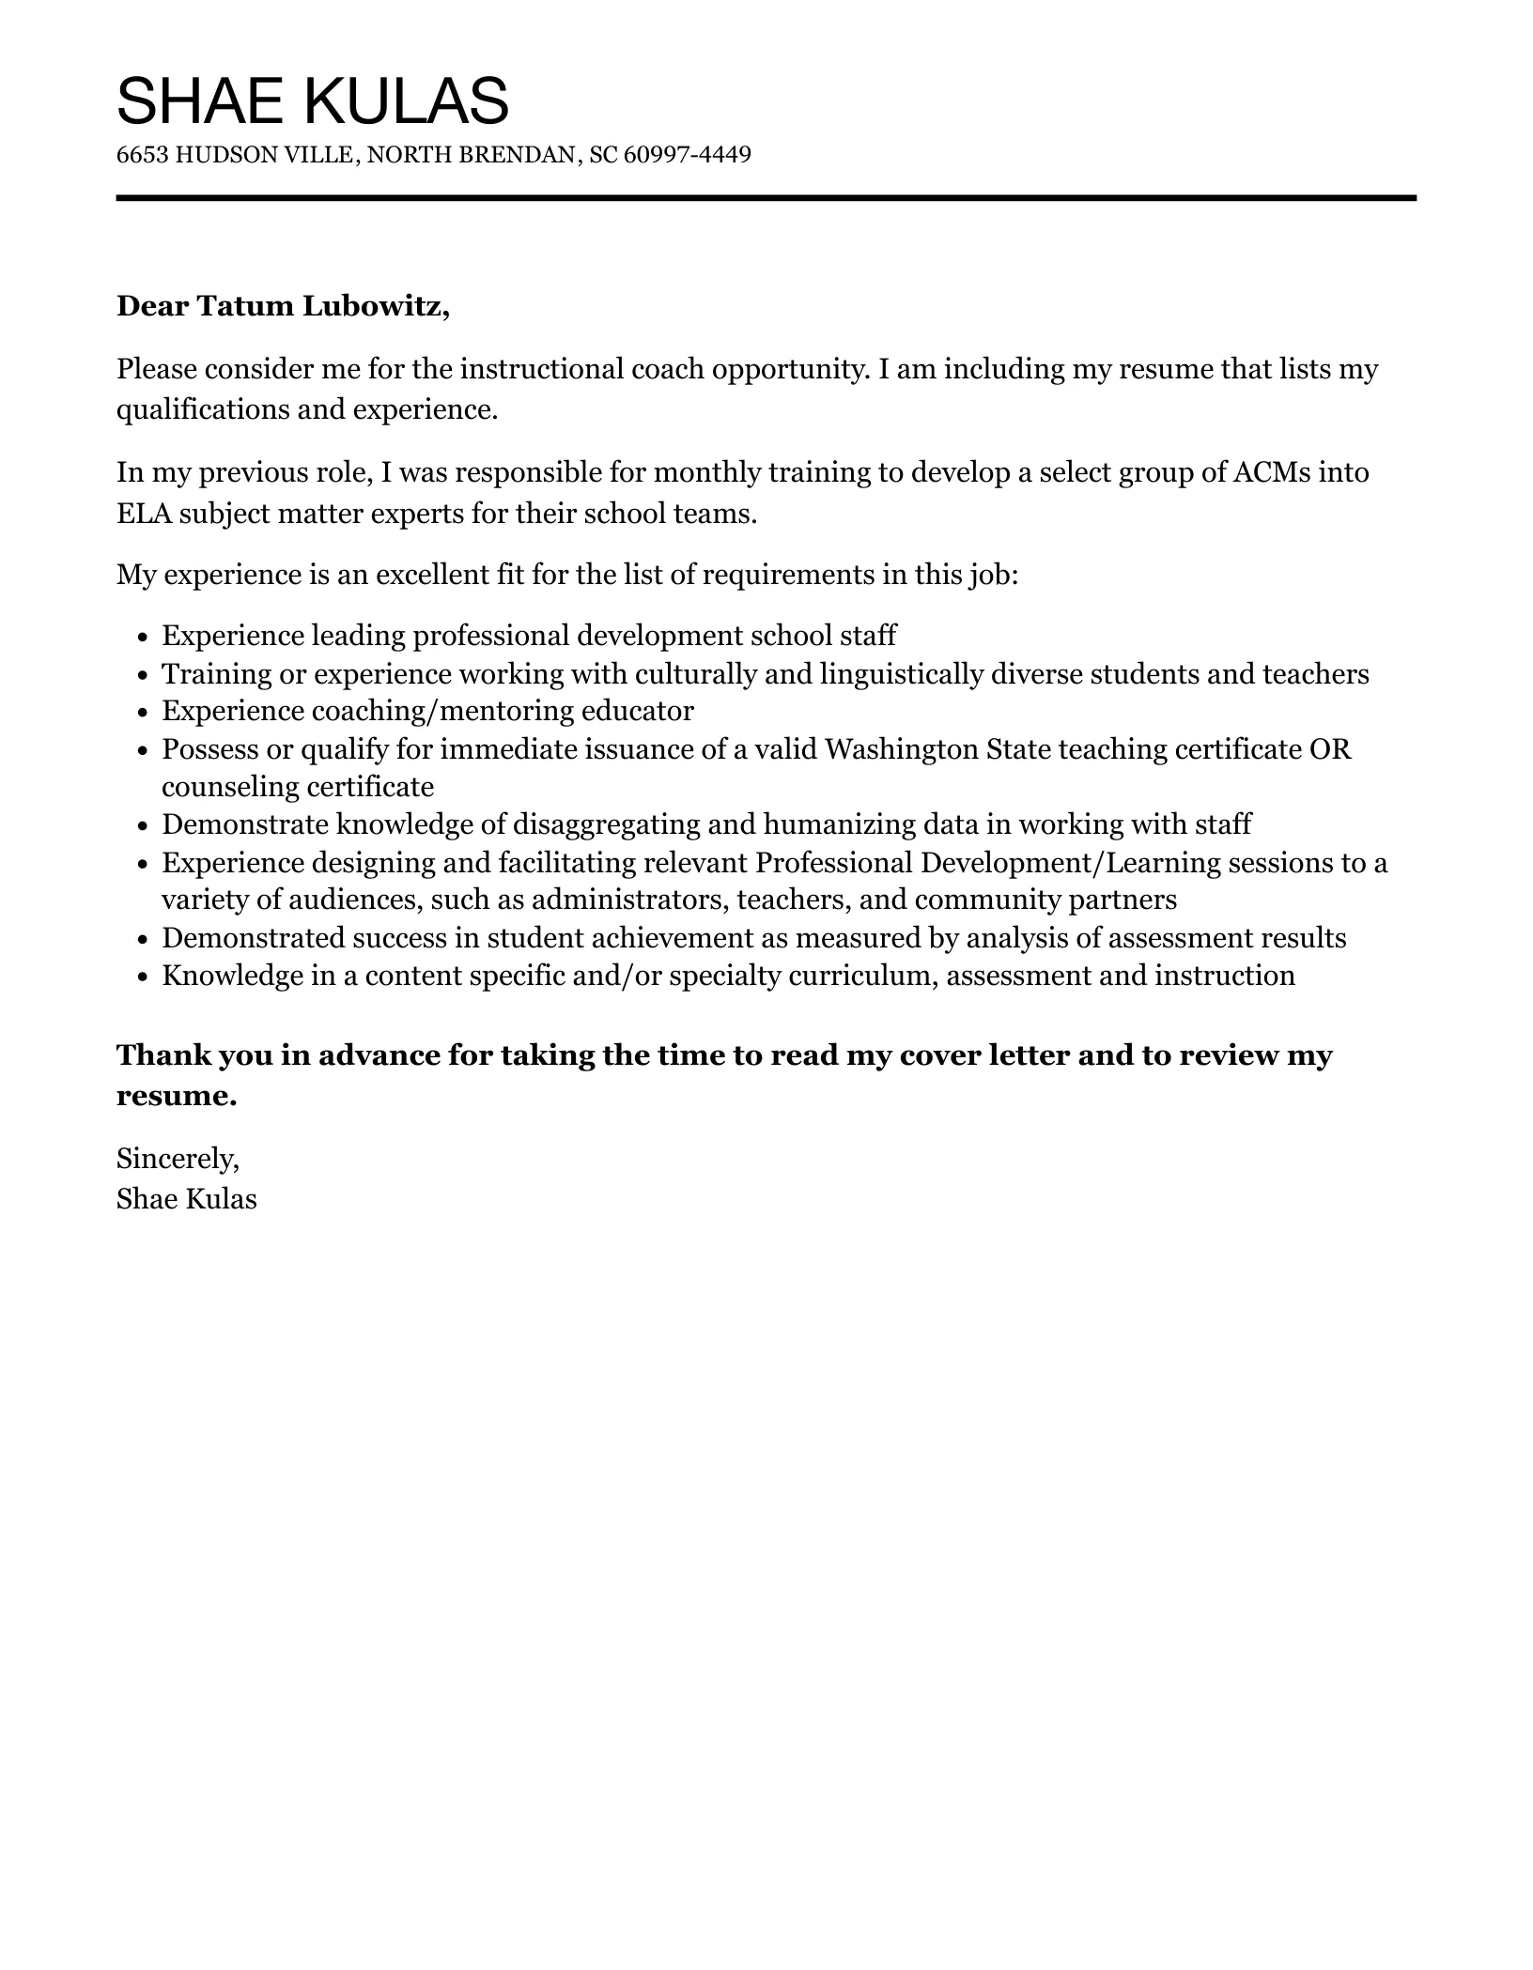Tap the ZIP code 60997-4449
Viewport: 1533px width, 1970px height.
[x=687, y=155]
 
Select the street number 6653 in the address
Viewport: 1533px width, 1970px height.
[x=143, y=155]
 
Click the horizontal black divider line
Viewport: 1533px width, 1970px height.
[x=766, y=198]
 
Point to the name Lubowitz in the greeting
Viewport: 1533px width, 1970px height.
[x=375, y=306]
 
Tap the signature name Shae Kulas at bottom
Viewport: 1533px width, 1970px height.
[x=186, y=1199]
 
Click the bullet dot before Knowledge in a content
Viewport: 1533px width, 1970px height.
[x=143, y=977]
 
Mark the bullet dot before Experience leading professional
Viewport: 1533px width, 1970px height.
[x=143, y=638]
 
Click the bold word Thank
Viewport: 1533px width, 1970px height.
[x=163, y=1055]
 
